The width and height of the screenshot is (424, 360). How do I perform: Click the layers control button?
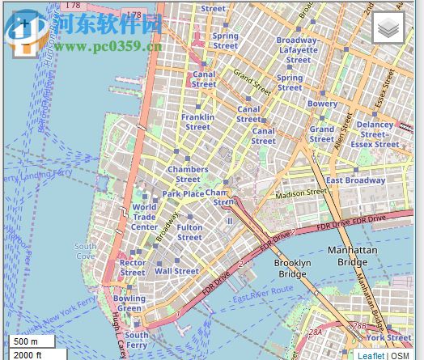tap(388, 28)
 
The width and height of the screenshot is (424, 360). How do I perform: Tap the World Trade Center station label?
tap(144, 217)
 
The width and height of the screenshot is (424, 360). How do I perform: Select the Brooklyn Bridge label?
tap(292, 269)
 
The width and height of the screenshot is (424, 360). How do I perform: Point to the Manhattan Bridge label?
tap(352, 256)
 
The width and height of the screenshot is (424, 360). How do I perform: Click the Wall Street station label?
tap(176, 272)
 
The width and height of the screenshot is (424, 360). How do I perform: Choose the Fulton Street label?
tap(189, 232)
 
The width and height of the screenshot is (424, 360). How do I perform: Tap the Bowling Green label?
tap(129, 303)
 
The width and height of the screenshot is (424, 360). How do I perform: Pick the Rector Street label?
tap(133, 268)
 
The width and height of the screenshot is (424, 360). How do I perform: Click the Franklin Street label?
tap(197, 121)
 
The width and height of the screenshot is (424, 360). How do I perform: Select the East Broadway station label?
tap(355, 180)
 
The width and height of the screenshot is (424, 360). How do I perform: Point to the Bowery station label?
tap(322, 104)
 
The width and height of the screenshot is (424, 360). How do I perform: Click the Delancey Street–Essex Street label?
tap(375, 134)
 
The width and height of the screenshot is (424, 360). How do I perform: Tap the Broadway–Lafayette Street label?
tap(297, 49)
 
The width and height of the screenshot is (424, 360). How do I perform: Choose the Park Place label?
tap(183, 194)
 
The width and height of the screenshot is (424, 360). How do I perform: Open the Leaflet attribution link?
tap(371, 355)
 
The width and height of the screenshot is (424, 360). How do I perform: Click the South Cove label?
tap(86, 251)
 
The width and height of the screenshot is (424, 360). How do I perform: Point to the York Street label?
tap(388, 337)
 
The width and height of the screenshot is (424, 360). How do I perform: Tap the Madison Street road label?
tap(301, 194)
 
